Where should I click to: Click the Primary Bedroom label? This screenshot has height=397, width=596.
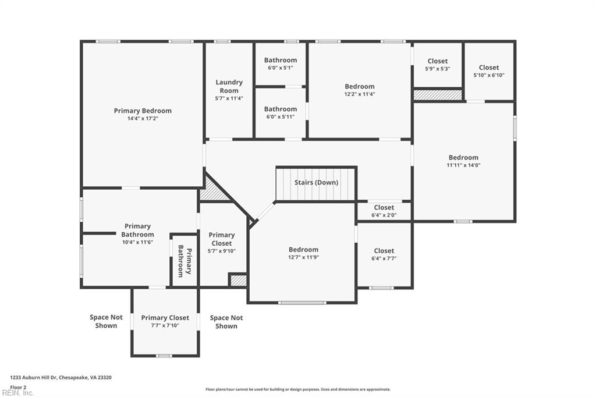(143, 111)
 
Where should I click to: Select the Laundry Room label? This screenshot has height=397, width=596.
(229, 86)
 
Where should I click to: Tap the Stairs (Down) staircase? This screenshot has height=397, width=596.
(315, 183)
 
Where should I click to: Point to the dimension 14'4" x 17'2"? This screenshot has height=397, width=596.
(143, 119)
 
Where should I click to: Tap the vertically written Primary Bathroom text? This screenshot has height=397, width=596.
(185, 260)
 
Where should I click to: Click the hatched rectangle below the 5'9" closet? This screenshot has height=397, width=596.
(437, 94)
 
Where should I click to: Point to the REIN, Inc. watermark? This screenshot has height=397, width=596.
(17, 392)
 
